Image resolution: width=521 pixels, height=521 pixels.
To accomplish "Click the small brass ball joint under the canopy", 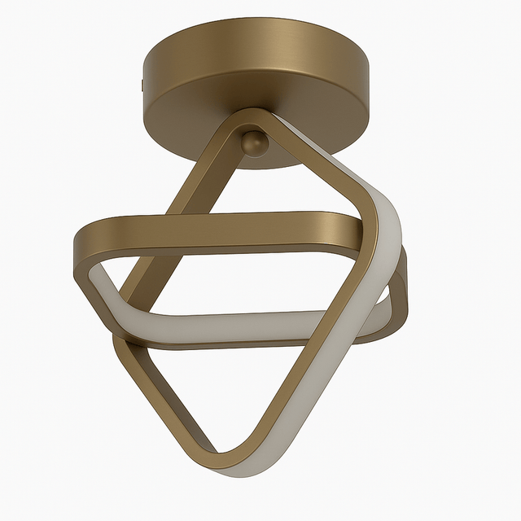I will (255, 143).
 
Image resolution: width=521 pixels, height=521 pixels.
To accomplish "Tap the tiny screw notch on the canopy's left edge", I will (142, 84).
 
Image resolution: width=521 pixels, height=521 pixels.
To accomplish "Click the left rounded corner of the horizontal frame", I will (86, 244).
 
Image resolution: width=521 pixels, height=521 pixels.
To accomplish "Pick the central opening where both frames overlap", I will (244, 277).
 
